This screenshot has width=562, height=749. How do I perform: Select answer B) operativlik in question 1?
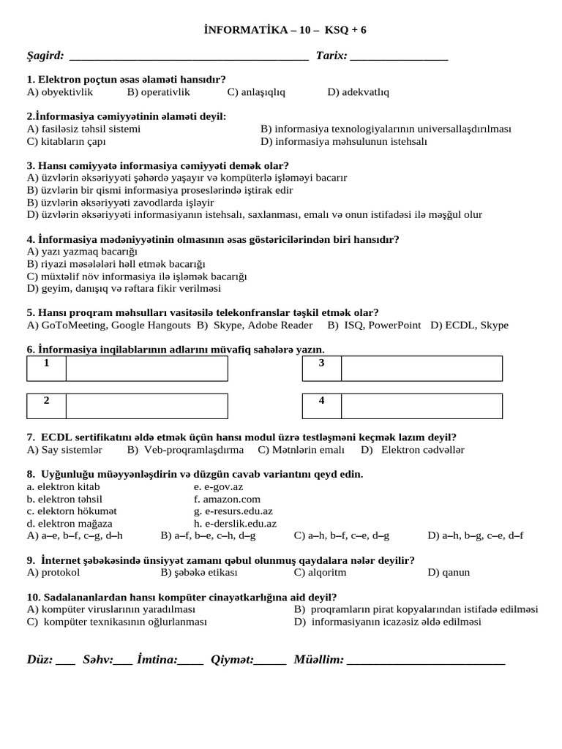[x=158, y=91]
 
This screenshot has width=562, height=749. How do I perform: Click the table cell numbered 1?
[x=47, y=369]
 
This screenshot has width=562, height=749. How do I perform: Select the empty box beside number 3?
[x=421, y=369]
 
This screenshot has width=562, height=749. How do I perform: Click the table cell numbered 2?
[x=47, y=406]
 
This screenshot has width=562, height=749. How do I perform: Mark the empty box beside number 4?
[x=421, y=406]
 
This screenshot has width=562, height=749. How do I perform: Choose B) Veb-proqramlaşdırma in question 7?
[x=185, y=449]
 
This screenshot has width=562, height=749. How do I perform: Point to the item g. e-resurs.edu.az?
[x=233, y=511]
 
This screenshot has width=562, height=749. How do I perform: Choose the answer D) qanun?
[x=449, y=572]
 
